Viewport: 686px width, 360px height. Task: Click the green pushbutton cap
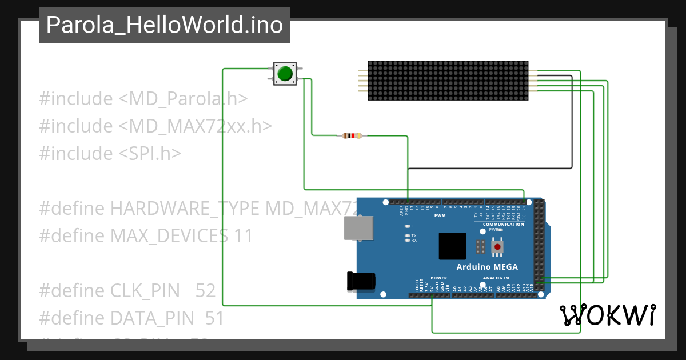(285, 74)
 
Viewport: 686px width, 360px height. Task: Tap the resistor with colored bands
(352, 135)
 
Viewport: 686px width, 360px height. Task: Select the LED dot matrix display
(448, 81)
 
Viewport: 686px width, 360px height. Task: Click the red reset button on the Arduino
(498, 247)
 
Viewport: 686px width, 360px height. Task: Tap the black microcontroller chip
(452, 246)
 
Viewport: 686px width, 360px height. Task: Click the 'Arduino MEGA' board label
(487, 267)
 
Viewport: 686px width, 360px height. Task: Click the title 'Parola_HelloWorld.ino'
(165, 25)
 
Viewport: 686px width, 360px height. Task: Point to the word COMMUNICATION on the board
(503, 224)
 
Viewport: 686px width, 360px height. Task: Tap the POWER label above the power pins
(439, 278)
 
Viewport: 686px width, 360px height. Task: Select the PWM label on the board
(440, 216)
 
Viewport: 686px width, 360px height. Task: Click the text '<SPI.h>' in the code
(150, 153)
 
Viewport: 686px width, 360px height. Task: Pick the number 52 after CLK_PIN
(205, 291)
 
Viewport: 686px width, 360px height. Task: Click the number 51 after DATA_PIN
(214, 318)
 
